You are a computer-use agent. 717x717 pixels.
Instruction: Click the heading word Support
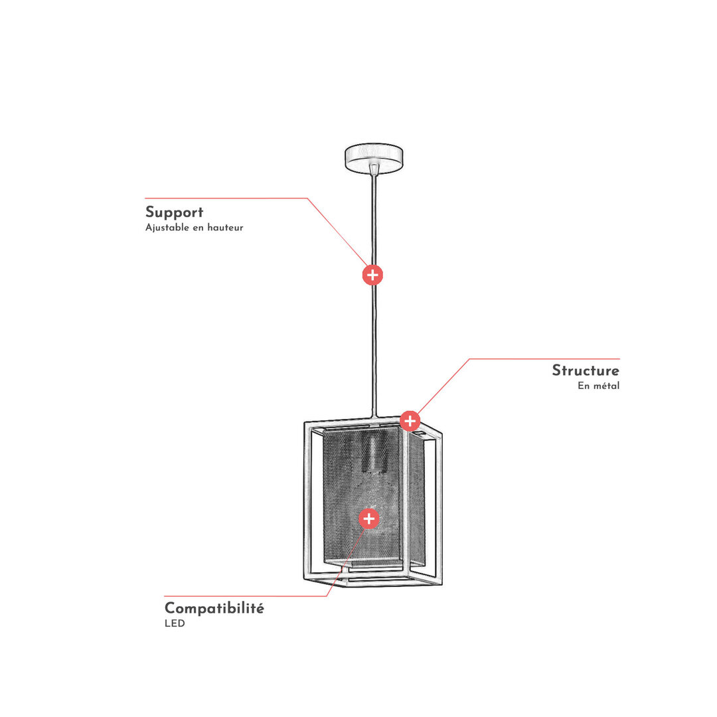(x=174, y=213)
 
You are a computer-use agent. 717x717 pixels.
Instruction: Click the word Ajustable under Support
(x=167, y=228)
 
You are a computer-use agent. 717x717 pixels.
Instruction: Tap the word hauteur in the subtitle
(x=225, y=227)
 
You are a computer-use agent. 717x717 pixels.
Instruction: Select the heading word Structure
(x=586, y=370)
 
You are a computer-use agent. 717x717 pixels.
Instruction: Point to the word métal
(x=606, y=386)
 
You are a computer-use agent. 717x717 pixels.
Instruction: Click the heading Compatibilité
(x=214, y=609)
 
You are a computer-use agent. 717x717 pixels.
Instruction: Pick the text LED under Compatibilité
(x=175, y=623)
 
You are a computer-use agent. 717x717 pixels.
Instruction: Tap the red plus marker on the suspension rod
(x=372, y=275)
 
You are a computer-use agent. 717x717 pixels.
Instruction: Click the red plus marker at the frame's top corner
(x=410, y=421)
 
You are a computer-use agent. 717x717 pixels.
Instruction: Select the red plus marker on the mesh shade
(x=369, y=518)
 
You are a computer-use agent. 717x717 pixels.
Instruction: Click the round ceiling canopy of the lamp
(x=374, y=158)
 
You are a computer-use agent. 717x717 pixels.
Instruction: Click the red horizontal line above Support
(x=226, y=199)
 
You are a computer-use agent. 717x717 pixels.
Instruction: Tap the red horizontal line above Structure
(x=544, y=359)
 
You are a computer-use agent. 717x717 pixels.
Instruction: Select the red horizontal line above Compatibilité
(x=245, y=596)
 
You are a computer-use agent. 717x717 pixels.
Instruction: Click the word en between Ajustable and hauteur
(x=198, y=228)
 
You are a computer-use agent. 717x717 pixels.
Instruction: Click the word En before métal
(x=584, y=386)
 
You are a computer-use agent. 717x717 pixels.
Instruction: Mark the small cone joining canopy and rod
(x=374, y=169)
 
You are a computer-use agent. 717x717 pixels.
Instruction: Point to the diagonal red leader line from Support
(x=337, y=232)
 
